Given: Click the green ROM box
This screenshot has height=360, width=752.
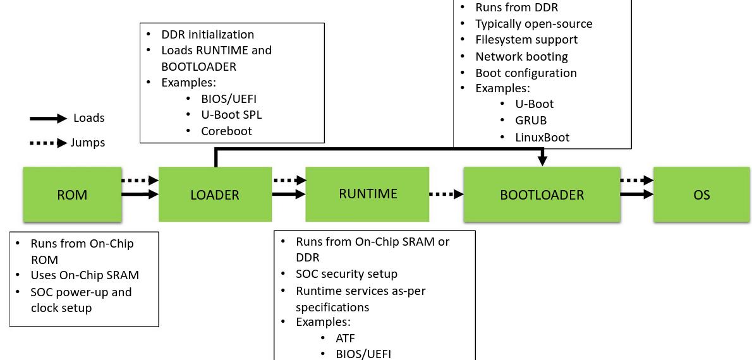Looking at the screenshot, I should click(72, 195).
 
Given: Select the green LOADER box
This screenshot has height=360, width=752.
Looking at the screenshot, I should click(215, 195).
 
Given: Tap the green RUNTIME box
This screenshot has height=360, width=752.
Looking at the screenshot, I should click(367, 194).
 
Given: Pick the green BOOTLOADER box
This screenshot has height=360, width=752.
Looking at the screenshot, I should click(542, 195).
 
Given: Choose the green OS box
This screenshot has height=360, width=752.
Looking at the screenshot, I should click(701, 195).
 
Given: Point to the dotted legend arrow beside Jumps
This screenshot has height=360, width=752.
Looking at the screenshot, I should click(48, 143).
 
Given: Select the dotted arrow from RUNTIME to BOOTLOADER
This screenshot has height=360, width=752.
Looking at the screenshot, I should click(446, 195).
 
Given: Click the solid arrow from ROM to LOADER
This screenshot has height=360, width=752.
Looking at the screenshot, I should click(140, 195).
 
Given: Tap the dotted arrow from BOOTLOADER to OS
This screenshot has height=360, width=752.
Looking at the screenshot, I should click(636, 181).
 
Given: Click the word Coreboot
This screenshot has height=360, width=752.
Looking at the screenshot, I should click(226, 131).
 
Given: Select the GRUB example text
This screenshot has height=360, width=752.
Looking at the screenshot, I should click(531, 120).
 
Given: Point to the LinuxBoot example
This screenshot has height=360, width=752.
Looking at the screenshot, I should click(542, 137).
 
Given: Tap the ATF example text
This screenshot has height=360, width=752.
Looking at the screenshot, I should click(345, 338).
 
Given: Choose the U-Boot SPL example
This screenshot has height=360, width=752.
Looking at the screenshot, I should click(231, 115).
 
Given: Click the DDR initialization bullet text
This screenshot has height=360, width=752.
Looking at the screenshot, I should click(207, 35).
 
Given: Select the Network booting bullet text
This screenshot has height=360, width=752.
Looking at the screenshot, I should click(521, 56).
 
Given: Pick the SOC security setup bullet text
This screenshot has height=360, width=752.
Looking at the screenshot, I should click(346, 273).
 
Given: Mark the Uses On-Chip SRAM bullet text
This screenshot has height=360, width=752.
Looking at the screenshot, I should click(85, 275).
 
